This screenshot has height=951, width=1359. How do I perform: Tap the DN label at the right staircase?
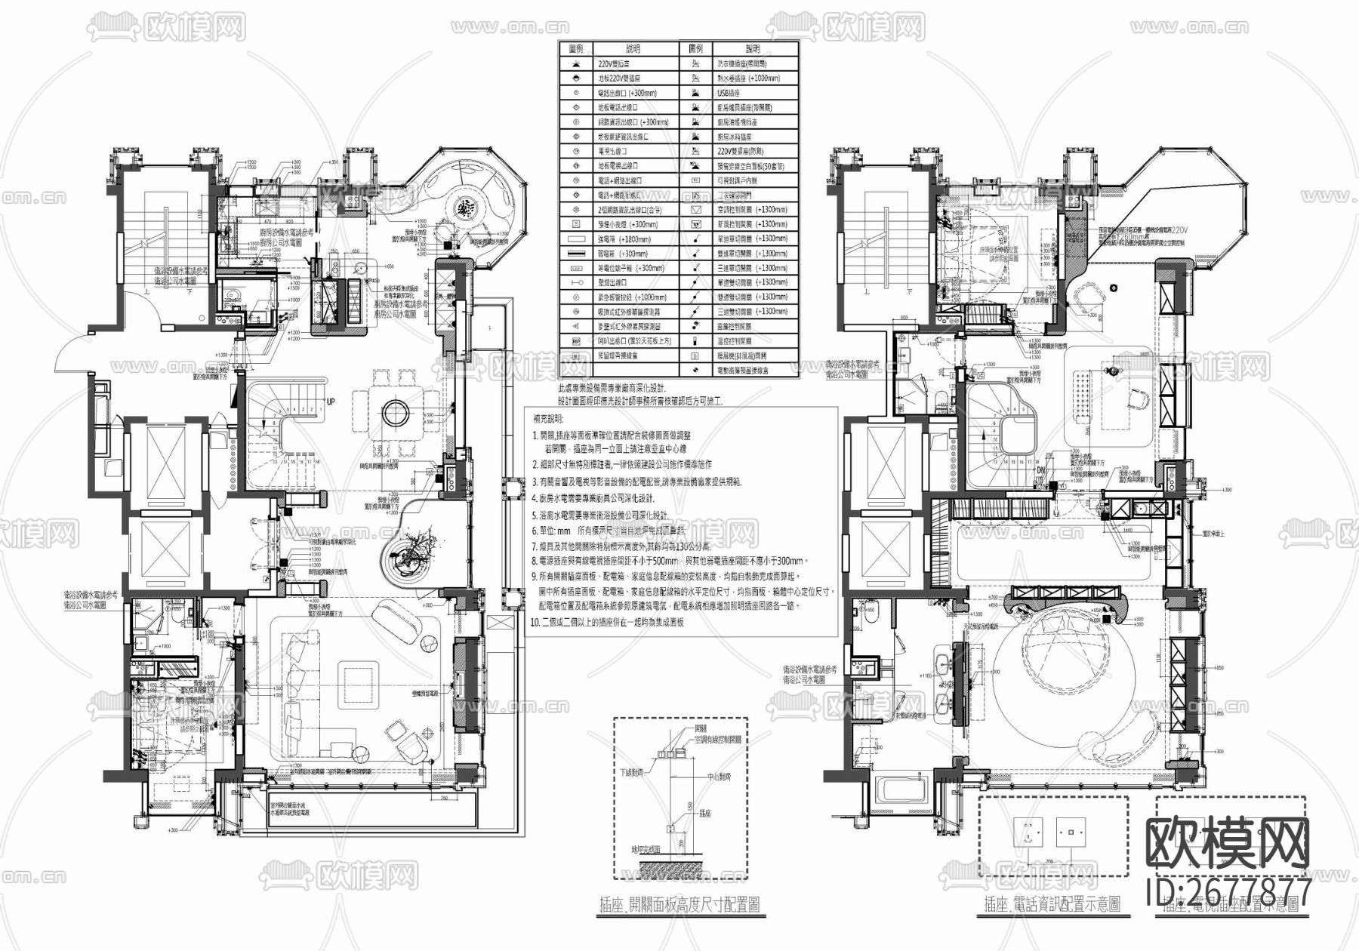point(1040,470)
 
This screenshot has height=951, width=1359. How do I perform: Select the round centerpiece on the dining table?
point(393,414)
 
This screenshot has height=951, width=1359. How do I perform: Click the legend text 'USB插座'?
point(729,93)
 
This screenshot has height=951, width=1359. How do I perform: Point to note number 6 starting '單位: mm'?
point(596,532)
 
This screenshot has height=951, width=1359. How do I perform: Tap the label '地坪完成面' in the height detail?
point(646,849)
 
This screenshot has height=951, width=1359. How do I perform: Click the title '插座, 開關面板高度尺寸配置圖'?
point(679,903)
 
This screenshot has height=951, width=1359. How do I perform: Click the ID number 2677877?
point(1231,891)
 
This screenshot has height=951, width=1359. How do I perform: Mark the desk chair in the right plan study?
point(1139,398)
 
